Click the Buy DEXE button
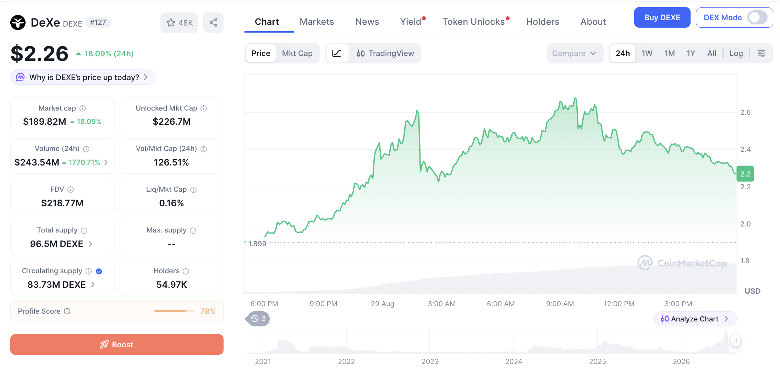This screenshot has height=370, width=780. pyautogui.click(x=662, y=17)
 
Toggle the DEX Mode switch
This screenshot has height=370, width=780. pyautogui.click(x=757, y=17)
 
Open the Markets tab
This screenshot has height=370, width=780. pyautogui.click(x=317, y=22)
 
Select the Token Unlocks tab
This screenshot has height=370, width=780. pyautogui.click(x=473, y=22)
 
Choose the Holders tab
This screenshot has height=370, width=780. pyautogui.click(x=543, y=22)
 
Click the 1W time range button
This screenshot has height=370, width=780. pyautogui.click(x=647, y=53)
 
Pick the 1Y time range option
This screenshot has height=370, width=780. pyautogui.click(x=691, y=53)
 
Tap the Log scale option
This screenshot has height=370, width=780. pyautogui.click(x=736, y=53)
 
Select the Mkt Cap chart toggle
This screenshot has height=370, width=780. pyautogui.click(x=297, y=53)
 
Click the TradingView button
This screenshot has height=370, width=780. pyautogui.click(x=385, y=53)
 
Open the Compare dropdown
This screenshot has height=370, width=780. pyautogui.click(x=575, y=53)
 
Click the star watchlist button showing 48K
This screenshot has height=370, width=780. pyautogui.click(x=179, y=23)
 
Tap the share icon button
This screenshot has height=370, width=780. pyautogui.click(x=213, y=23)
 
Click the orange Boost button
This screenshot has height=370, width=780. pyautogui.click(x=117, y=344)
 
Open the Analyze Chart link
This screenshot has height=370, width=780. pyautogui.click(x=695, y=319)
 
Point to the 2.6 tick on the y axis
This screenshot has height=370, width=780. pyautogui.click(x=745, y=112)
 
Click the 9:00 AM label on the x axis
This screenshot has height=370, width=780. pyautogui.click(x=560, y=304)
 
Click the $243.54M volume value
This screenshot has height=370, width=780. pyautogui.click(x=37, y=162)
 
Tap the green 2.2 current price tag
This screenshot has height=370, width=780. pyautogui.click(x=745, y=174)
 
